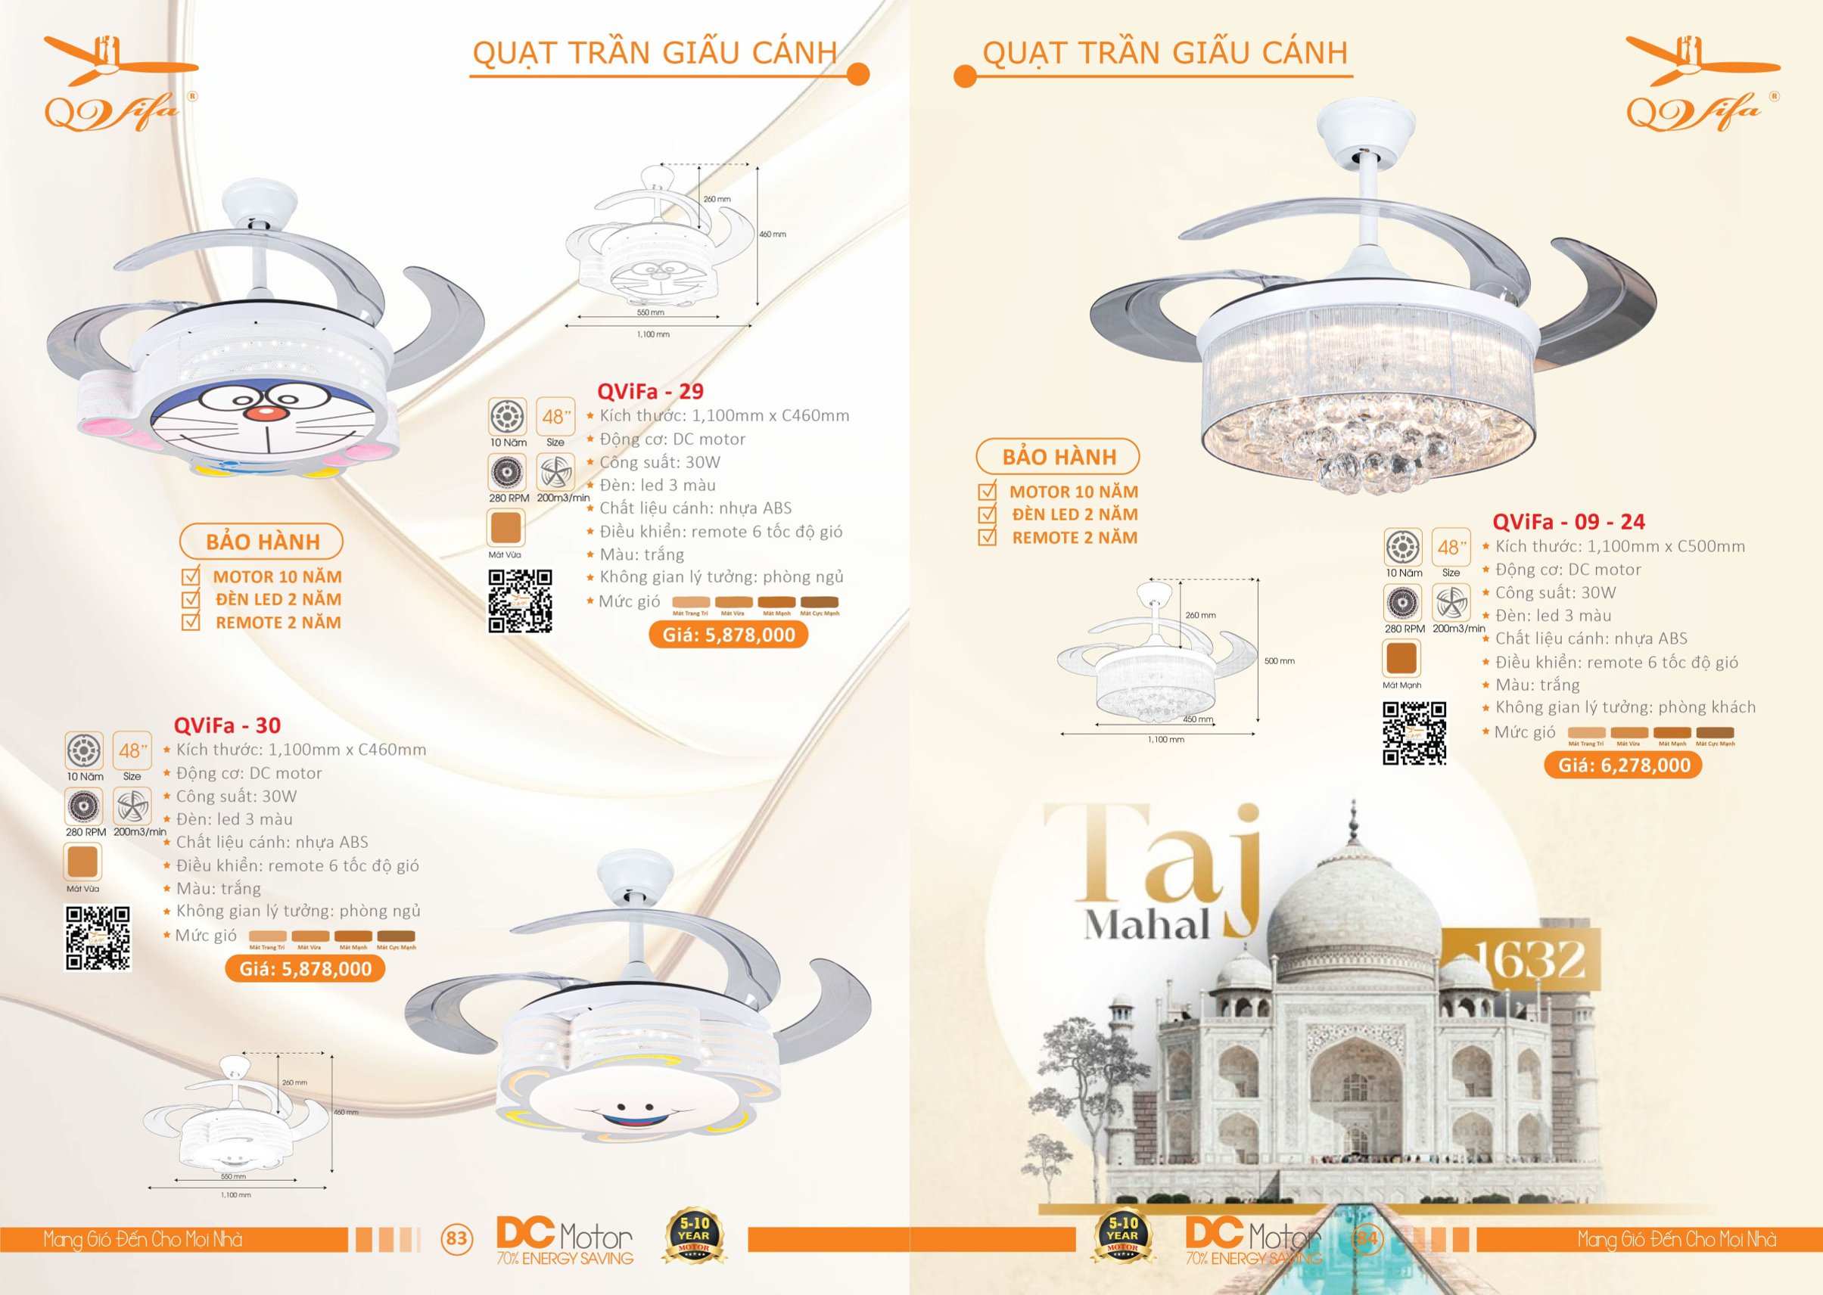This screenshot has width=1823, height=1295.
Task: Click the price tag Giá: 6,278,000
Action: [x=1623, y=766]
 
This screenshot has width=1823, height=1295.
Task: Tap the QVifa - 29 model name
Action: [x=650, y=392]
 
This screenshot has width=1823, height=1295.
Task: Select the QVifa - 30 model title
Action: [x=227, y=725]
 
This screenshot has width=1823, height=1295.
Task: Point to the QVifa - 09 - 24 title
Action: [x=1569, y=522]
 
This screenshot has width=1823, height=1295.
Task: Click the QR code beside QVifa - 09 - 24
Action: [x=1414, y=734]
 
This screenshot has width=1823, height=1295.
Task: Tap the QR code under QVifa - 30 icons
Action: [x=98, y=938]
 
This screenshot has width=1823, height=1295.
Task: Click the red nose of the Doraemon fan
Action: [x=263, y=414]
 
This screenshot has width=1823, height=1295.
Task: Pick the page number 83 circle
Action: [x=456, y=1238]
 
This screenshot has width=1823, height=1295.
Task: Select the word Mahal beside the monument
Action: [x=1147, y=926]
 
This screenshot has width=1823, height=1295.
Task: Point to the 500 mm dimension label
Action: [x=1279, y=661]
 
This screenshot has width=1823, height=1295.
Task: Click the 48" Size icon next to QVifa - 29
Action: [x=555, y=421]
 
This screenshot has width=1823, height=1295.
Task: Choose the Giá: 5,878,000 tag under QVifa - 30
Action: [x=305, y=969]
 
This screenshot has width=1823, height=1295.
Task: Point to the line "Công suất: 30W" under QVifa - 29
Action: [x=659, y=462]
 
